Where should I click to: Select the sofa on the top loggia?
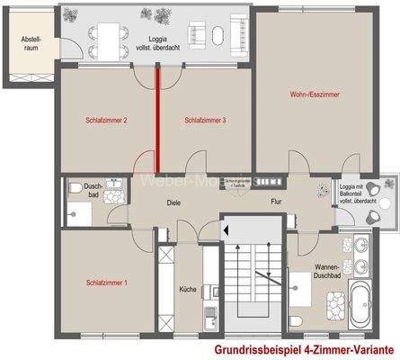[x=219, y=35]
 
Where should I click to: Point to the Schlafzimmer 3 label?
[x=204, y=120]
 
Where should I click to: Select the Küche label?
[x=188, y=291]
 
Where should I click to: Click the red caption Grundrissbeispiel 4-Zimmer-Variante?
[x=305, y=348]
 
